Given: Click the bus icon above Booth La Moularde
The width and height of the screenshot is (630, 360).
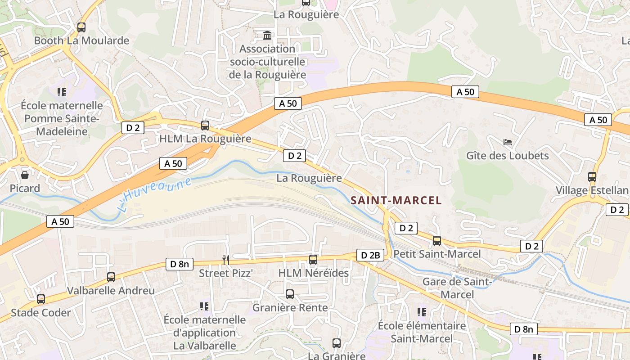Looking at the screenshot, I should [81, 27].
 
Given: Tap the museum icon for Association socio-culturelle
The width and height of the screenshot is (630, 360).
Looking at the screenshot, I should [267, 35].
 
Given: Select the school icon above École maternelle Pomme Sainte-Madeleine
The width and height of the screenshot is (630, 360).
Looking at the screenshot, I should [62, 92].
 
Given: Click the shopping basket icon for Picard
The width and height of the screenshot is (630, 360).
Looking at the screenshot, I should [25, 175].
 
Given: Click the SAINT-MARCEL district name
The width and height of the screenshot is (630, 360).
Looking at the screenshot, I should [396, 200].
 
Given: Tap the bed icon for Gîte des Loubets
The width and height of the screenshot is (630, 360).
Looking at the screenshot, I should [508, 142].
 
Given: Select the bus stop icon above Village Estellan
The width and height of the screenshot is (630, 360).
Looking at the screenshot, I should [592, 177].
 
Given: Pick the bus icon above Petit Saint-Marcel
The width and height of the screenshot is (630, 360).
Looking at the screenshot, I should [437, 241].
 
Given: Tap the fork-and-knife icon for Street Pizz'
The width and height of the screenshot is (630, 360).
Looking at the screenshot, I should [226, 260].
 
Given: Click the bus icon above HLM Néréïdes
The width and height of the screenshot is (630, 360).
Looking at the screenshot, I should [313, 260].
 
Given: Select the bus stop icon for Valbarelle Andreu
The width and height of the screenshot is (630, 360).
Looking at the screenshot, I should [111, 277].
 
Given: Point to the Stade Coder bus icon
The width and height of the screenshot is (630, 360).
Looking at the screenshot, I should [41, 299].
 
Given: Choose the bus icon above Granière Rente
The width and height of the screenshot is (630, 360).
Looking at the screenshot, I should [290, 294].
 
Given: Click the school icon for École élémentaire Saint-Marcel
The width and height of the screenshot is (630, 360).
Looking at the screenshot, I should [422, 312].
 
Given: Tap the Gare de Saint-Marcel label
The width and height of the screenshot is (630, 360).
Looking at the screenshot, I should [457, 288].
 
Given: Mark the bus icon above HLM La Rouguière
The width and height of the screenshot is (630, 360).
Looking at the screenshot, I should [205, 125].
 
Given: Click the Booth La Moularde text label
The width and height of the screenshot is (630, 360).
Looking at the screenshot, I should [81, 40].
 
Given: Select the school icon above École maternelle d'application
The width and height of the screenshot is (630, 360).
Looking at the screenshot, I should [204, 306].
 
